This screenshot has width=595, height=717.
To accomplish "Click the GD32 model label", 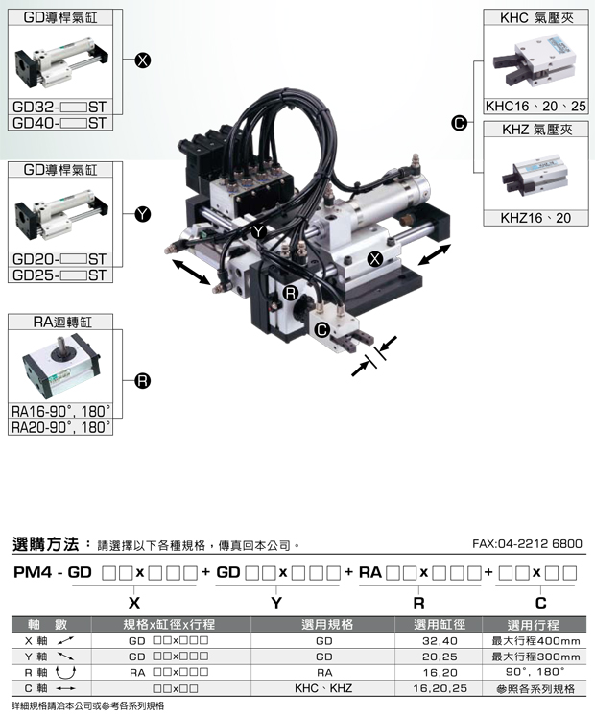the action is click(59, 107).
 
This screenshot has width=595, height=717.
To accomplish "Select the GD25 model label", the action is click(59, 275).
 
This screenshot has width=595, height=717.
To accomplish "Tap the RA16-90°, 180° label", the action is click(61, 411).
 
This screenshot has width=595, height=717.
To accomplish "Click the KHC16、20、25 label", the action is click(535, 107).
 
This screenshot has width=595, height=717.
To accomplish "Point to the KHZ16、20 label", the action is click(535, 218).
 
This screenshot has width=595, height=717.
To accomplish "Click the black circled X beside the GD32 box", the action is click(143, 60).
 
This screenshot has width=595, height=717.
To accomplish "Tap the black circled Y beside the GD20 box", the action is click(143, 214).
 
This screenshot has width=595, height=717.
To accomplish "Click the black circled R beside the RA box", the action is click(143, 381).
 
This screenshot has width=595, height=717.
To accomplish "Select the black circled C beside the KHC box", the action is click(459, 123).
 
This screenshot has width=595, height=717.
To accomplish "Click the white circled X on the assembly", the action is click(375, 259).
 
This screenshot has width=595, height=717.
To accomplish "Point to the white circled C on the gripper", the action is click(322, 329).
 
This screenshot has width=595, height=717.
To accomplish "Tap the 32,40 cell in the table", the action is click(440, 640).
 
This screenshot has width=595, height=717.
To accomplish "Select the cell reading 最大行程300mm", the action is click(535, 657).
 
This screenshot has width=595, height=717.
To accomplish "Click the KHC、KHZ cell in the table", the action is click(323, 688).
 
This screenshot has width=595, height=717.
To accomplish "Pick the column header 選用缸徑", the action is click(439, 624).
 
